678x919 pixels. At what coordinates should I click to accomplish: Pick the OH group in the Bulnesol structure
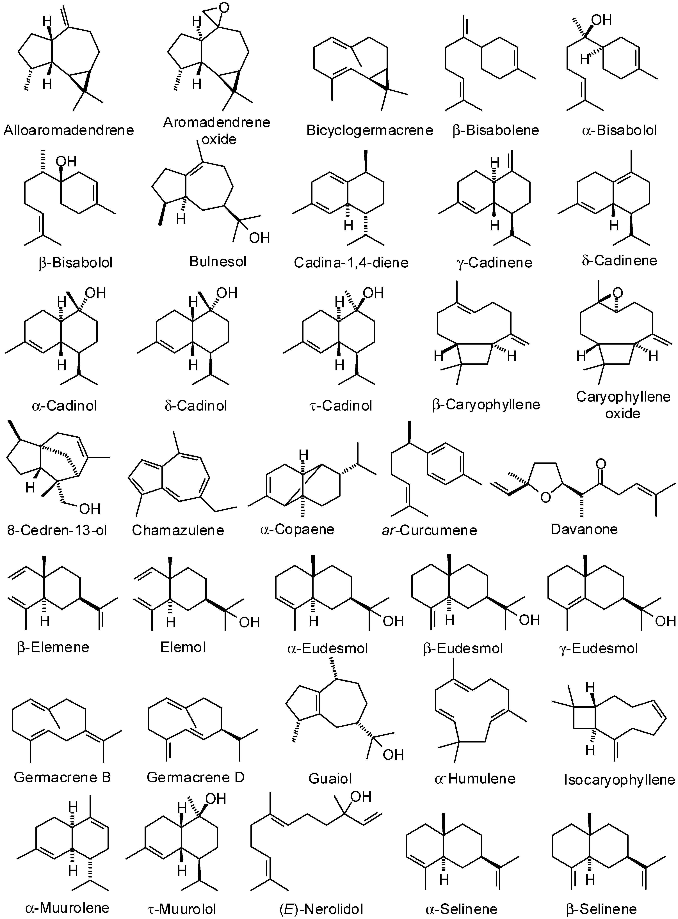coord(259,238)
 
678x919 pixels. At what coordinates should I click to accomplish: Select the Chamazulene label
coord(178,530)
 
